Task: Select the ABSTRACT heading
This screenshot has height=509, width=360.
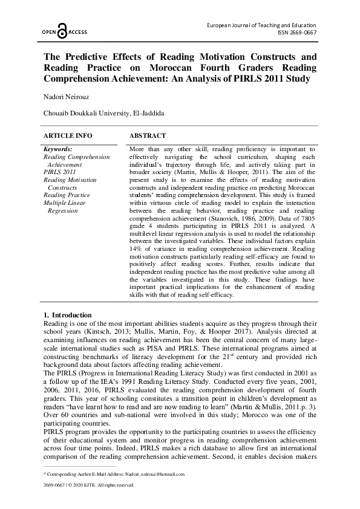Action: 148,136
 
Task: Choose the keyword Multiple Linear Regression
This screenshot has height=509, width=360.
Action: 64,207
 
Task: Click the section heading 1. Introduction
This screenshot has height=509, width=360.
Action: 68,315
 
